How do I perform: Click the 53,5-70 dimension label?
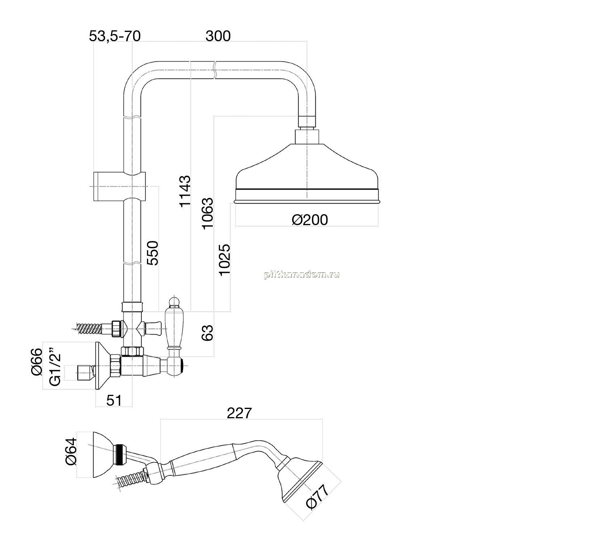pyautogui.click(x=115, y=36)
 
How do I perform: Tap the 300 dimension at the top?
pyautogui.click(x=218, y=36)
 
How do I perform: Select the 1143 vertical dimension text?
pyautogui.click(x=185, y=191)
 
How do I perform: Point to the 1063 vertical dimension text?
pyautogui.click(x=208, y=213)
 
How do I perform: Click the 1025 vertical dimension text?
pyautogui.click(x=224, y=260)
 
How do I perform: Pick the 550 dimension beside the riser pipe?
pyautogui.click(x=152, y=253)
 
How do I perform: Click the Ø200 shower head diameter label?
pyautogui.click(x=310, y=220)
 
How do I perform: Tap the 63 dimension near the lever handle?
pyautogui.click(x=207, y=333)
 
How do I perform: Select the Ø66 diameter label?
pyautogui.click(x=37, y=362)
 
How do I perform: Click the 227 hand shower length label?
pyautogui.click(x=239, y=413)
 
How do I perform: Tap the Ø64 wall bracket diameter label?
pyautogui.click(x=71, y=451)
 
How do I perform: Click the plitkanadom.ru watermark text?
pyautogui.click(x=302, y=274)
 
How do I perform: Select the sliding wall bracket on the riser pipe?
pyautogui.click(x=120, y=187)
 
